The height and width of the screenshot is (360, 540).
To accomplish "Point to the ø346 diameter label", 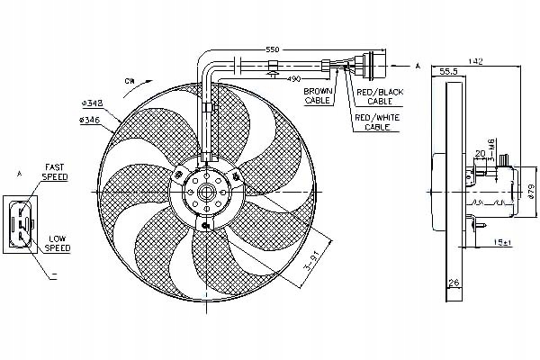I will (89, 119).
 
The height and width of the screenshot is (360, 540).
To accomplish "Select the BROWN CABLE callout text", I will (318, 96).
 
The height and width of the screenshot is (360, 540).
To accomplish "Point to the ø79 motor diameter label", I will (530, 190).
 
